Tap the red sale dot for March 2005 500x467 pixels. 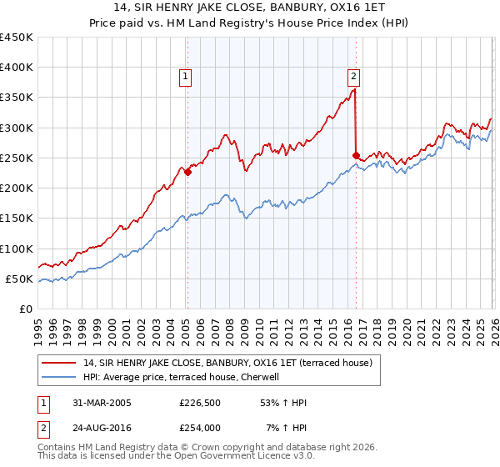187,172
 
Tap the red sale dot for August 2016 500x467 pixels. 356,155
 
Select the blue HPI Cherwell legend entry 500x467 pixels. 186,377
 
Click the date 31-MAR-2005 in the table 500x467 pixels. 97,403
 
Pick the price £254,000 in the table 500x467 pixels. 199,428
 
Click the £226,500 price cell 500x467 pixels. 199,403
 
